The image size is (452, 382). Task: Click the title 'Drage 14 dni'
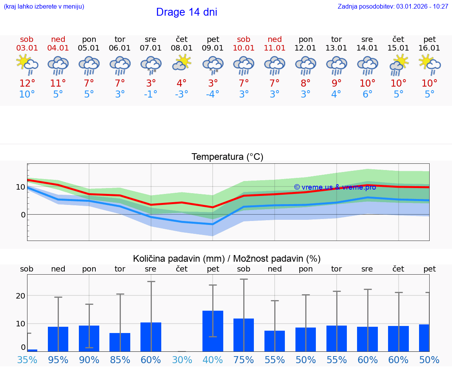point(186,12)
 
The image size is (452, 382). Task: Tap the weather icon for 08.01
point(182,62)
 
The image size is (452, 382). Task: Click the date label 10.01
point(244,48)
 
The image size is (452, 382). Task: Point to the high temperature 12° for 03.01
point(27,83)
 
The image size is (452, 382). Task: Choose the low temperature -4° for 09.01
point(213,94)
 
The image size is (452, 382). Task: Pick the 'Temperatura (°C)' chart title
point(227,157)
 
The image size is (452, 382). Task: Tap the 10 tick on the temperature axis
point(21,187)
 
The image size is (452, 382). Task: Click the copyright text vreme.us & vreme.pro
point(335,187)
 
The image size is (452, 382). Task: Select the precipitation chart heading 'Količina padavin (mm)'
point(179,259)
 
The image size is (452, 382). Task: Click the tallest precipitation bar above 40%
point(213,331)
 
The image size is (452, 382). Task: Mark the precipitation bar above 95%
point(58,339)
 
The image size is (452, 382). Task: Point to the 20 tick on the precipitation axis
point(21,296)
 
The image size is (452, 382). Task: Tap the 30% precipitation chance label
point(182,360)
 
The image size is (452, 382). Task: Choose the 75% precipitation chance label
point(244,360)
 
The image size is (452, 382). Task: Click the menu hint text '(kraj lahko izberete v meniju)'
point(44,6)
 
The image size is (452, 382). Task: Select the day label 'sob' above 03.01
point(27,39)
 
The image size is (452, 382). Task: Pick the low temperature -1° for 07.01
point(151,94)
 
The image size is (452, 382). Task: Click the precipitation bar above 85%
point(120,342)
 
